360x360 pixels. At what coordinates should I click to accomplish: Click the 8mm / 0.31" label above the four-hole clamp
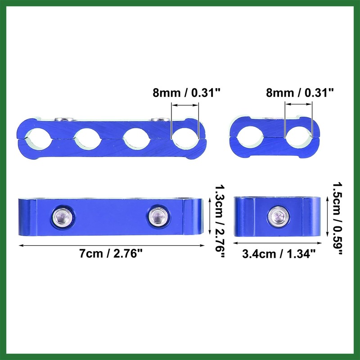tap(186, 94)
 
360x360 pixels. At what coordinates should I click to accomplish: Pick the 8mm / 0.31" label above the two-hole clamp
tap(300, 93)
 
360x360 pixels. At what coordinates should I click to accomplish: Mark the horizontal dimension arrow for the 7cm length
tap(111, 244)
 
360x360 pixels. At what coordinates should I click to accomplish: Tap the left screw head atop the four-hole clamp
tap(63, 119)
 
